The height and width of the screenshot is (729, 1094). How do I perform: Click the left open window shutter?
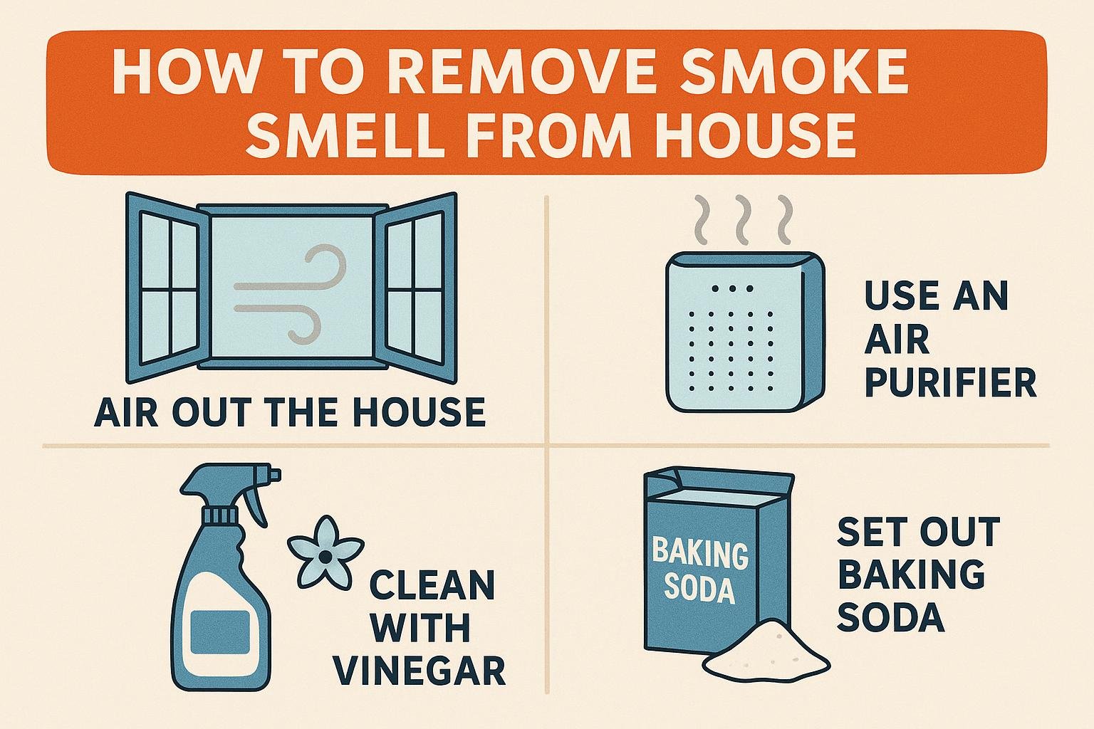click(167, 288)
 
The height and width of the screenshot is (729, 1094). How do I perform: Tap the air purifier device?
click(745, 332)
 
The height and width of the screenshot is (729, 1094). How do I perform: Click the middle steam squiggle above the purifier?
click(742, 220)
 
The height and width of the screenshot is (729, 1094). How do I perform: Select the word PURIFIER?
click(950, 383)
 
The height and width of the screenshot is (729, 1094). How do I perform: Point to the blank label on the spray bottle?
click(220, 632)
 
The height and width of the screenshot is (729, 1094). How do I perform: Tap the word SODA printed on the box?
click(699, 591)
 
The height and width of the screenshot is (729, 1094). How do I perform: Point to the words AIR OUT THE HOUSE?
click(290, 412)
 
